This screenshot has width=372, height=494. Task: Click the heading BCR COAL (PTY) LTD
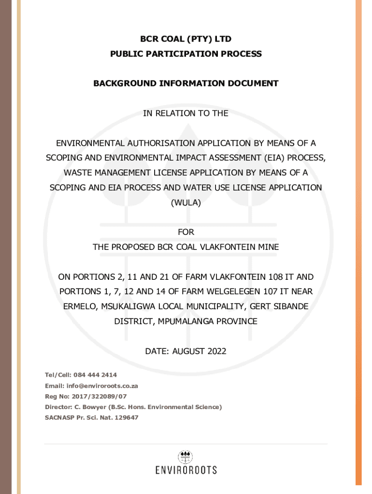186,39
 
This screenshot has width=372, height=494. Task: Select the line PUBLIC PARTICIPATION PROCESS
186,54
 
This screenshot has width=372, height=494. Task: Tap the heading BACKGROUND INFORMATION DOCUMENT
186,83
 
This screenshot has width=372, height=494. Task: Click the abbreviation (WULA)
186,203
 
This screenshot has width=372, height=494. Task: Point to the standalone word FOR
186,232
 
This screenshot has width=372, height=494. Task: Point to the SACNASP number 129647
126,418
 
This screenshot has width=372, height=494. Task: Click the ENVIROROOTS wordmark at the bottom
186,470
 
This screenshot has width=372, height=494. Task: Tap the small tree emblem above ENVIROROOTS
186,456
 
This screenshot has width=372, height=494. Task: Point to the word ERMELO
80,306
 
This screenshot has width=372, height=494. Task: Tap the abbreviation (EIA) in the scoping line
274,158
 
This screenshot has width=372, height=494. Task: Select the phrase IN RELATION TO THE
186,113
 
